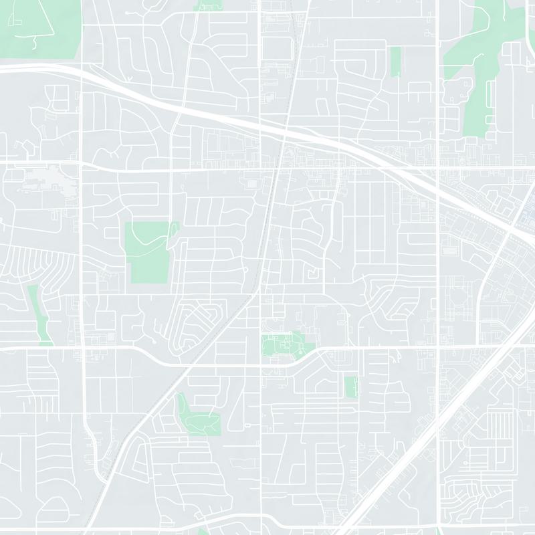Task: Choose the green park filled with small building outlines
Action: (x=284, y=345)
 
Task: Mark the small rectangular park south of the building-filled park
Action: (x=350, y=386)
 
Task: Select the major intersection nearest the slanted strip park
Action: (x=82, y=348)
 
